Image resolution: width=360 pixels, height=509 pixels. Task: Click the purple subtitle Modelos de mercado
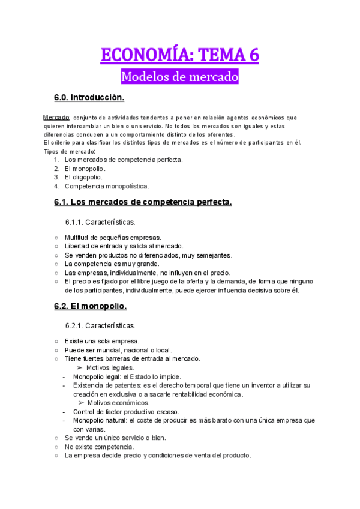180,77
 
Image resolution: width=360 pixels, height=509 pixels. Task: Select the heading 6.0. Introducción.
89,97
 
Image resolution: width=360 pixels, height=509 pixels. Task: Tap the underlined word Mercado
57,118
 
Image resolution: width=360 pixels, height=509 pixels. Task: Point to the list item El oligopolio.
83,177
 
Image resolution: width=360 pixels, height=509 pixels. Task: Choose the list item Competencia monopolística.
107,186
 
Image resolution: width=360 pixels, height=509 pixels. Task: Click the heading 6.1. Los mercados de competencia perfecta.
143,203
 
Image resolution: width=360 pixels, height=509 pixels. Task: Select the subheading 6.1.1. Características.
101,222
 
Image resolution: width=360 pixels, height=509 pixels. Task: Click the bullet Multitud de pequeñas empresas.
113,237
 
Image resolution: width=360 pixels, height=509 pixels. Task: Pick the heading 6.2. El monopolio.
90,306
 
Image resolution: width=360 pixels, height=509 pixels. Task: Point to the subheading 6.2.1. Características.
101,325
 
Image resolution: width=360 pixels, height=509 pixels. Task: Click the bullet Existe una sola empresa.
102,341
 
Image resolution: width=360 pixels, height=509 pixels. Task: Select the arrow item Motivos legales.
110,367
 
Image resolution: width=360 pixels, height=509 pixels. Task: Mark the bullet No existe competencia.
99,447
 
